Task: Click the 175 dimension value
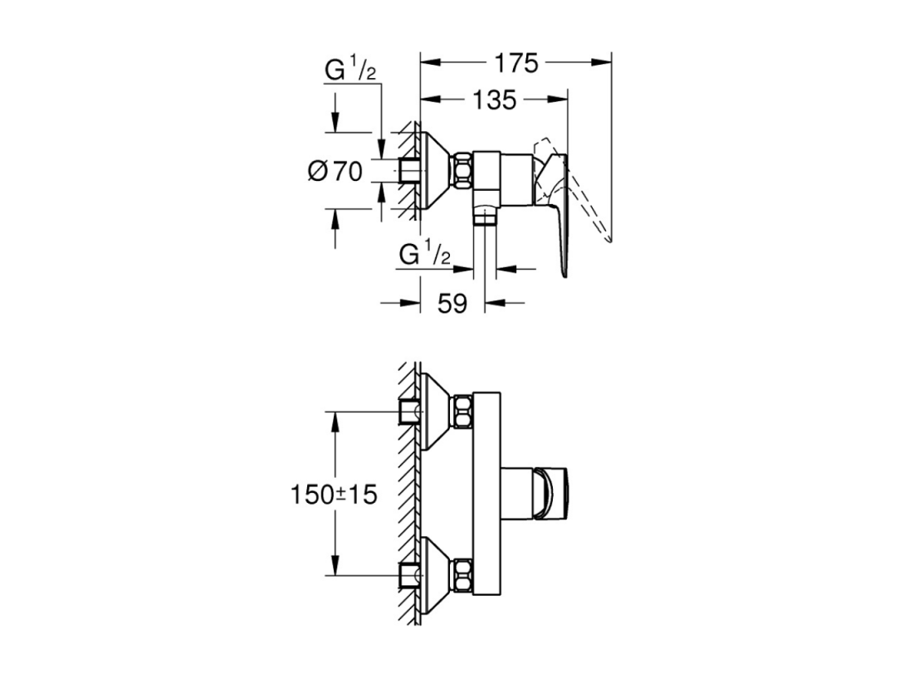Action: (516, 63)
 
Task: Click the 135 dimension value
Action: (494, 100)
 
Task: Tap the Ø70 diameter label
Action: (335, 171)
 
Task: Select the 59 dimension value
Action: (452, 303)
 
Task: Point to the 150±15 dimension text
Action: (334, 495)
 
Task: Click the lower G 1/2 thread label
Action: (424, 254)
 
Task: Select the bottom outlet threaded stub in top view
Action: (485, 218)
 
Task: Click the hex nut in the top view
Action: (464, 170)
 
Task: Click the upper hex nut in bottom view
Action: (464, 412)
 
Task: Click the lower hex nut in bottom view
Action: (464, 575)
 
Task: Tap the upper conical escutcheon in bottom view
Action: (437, 412)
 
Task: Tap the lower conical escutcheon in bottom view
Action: (437, 575)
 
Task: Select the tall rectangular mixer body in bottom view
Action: (486, 494)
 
